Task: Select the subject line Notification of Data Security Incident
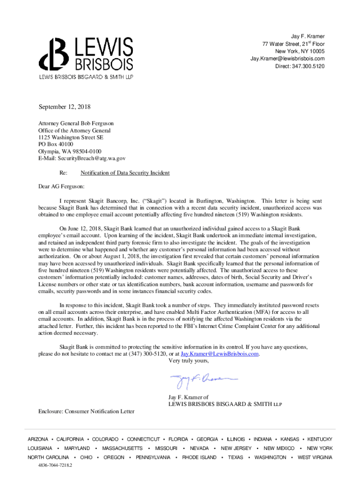125,173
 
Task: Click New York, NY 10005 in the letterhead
300,51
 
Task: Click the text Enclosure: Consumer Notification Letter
86,411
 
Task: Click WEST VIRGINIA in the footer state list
315,457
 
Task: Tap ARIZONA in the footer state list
38,439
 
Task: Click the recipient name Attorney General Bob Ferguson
76,123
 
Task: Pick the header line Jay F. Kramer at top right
308,36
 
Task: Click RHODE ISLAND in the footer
199,457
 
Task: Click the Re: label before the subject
64,173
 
